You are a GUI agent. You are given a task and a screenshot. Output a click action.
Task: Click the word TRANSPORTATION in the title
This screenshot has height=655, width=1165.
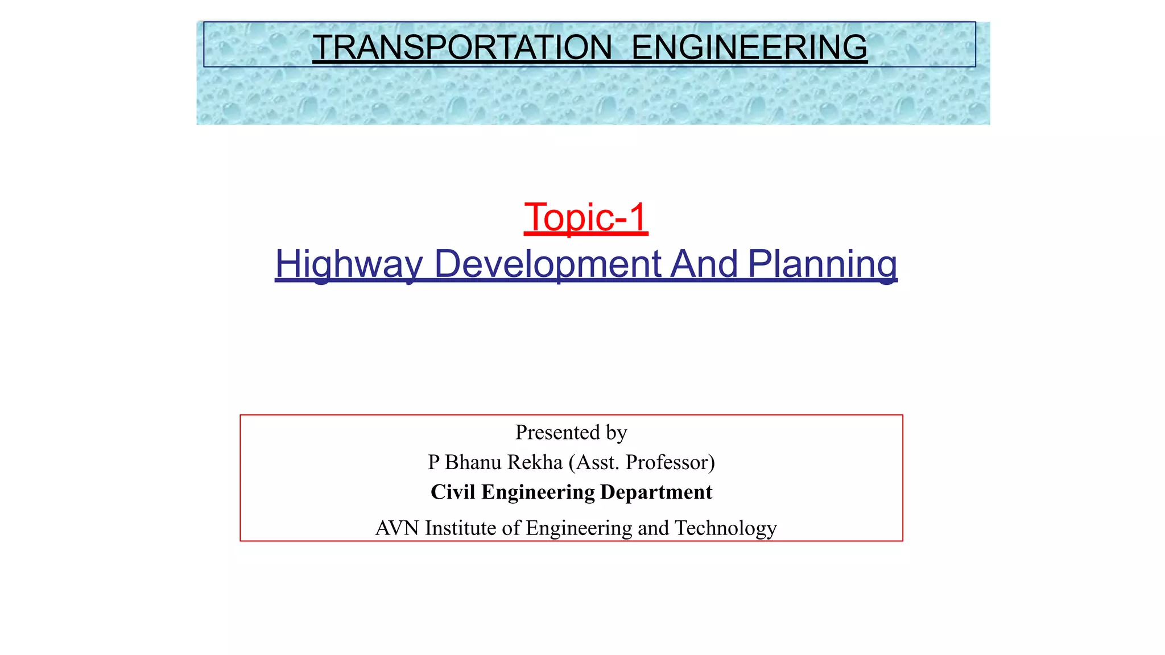(x=462, y=47)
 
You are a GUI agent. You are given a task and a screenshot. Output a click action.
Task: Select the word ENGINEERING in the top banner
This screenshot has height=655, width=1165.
(x=749, y=47)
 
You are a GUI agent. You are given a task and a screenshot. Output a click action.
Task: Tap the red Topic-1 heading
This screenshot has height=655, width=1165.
(x=586, y=217)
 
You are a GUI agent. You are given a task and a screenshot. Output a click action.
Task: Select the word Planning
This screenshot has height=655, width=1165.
(x=822, y=264)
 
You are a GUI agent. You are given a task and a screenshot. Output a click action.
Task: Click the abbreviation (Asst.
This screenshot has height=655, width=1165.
(x=594, y=462)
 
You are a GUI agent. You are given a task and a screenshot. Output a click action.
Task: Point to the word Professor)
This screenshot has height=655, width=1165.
(x=670, y=462)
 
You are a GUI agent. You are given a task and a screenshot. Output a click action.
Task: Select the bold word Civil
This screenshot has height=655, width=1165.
(x=453, y=492)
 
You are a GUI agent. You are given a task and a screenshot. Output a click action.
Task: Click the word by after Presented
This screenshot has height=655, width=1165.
(x=616, y=433)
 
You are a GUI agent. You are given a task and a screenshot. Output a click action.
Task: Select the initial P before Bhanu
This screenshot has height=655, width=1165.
(x=433, y=462)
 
